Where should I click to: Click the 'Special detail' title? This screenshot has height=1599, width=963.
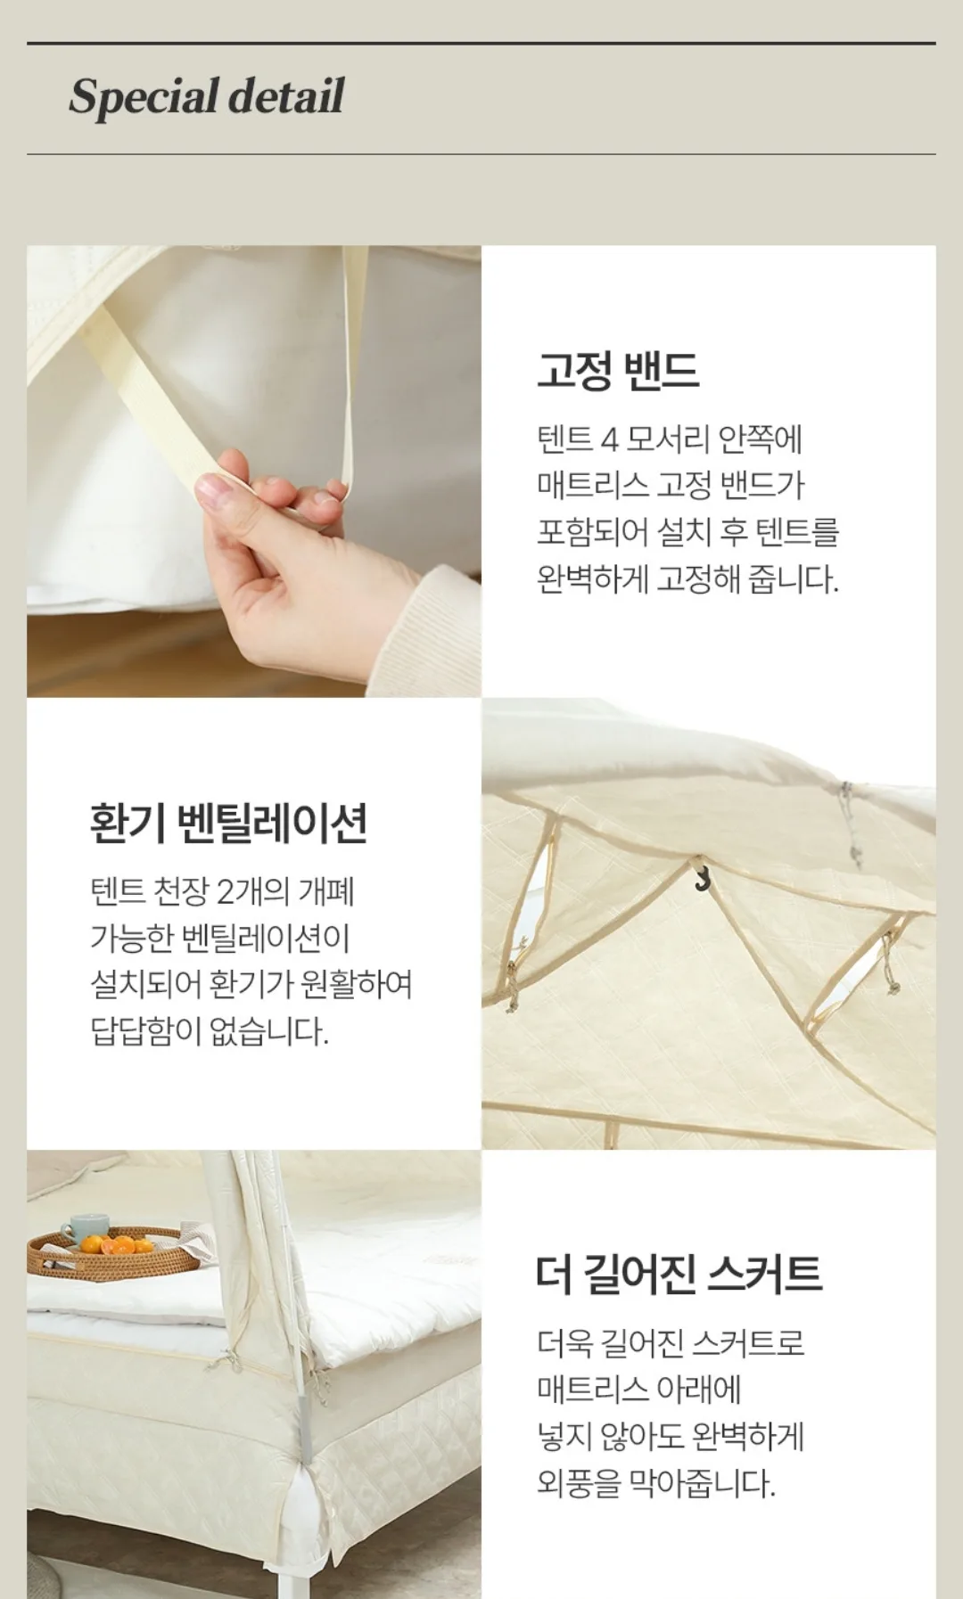pyautogui.click(x=206, y=97)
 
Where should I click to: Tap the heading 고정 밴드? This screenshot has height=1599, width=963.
pyautogui.click(x=618, y=370)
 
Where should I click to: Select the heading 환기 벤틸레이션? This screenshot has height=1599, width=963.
pyautogui.click(x=228, y=823)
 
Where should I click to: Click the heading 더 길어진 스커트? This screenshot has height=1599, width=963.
pyautogui.click(x=679, y=1274)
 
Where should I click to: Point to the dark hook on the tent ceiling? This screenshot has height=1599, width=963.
pyautogui.click(x=702, y=877)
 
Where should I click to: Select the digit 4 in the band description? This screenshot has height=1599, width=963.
pyautogui.click(x=609, y=439)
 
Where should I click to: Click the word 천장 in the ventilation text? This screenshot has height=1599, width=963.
pyautogui.click(x=181, y=890)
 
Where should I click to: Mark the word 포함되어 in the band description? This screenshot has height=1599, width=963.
pyautogui.click(x=593, y=532)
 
